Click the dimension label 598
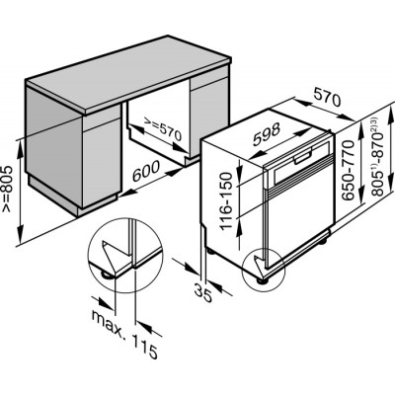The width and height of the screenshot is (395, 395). (x=267, y=134)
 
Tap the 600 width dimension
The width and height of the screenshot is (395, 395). (x=146, y=172)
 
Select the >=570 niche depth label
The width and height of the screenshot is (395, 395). (x=163, y=131)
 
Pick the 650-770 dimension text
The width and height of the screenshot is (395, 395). (x=348, y=170)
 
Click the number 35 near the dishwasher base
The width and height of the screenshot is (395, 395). (x=203, y=293)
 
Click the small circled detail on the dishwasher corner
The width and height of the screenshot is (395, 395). (x=263, y=270)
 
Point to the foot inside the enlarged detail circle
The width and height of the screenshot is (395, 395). (x=107, y=275)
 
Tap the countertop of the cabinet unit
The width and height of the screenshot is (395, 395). (x=128, y=75)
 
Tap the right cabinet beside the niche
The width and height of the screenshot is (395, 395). (x=209, y=116)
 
